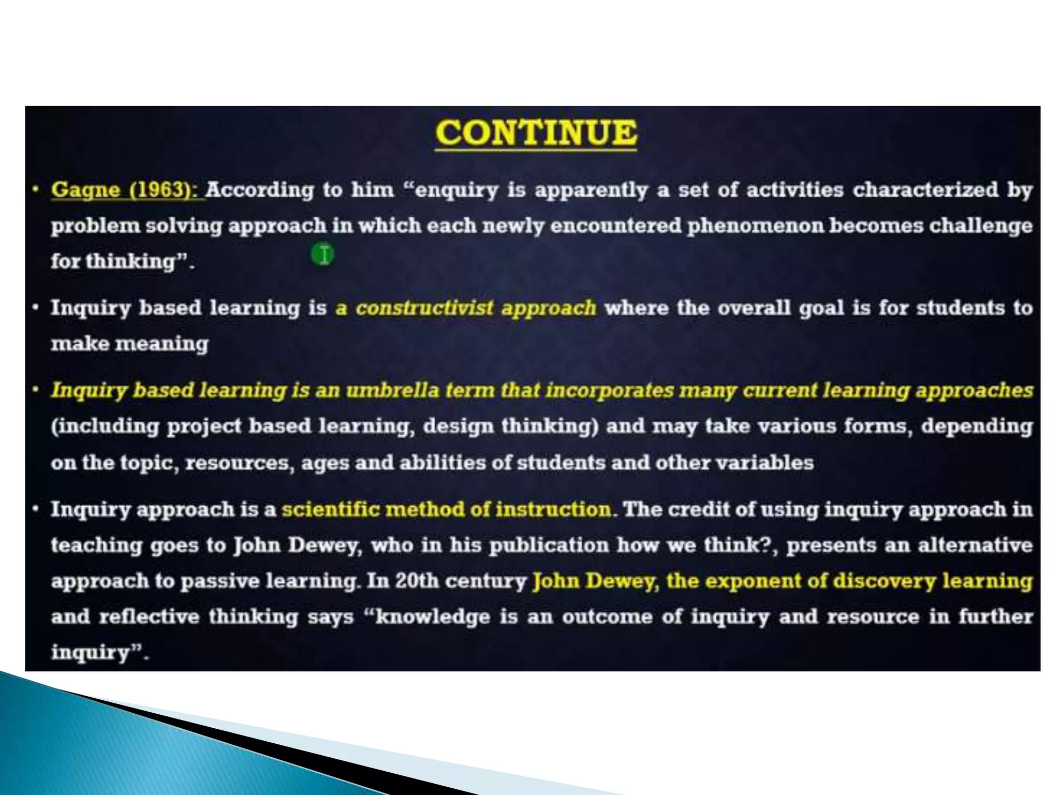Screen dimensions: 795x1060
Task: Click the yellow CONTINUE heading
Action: point(536,133)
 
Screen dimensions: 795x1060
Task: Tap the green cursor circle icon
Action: point(323,255)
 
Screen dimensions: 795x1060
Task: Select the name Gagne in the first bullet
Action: point(85,190)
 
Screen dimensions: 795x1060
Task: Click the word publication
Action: point(549,545)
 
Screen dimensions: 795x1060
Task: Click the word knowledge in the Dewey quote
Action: point(432,616)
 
